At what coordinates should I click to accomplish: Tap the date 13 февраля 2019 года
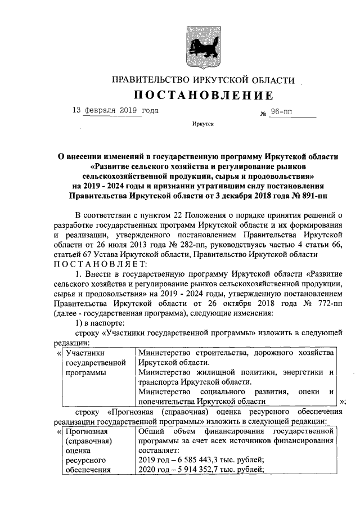click(x=115, y=110)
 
